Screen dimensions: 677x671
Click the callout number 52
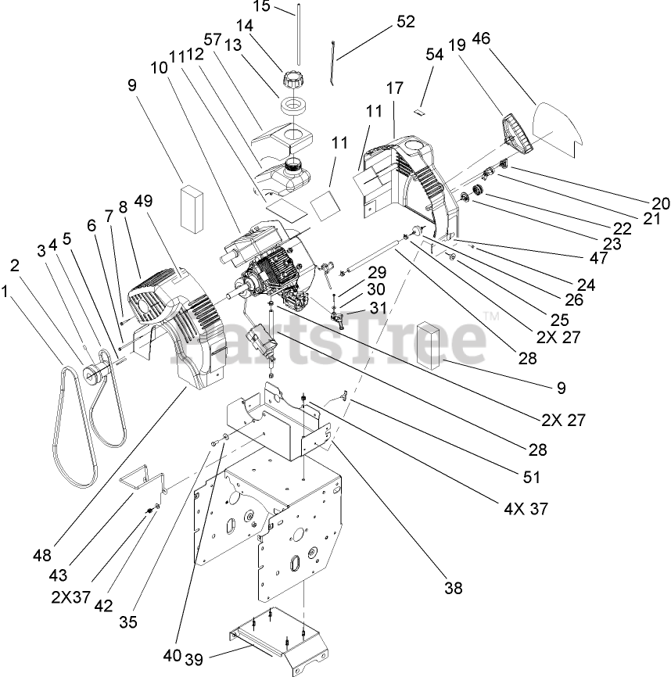click(x=406, y=23)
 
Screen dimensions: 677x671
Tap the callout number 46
click(x=526, y=38)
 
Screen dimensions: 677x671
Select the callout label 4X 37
click(x=528, y=508)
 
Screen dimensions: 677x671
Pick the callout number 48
click(x=42, y=556)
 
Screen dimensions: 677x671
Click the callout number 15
click(x=261, y=6)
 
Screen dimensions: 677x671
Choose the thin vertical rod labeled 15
click(x=298, y=35)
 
